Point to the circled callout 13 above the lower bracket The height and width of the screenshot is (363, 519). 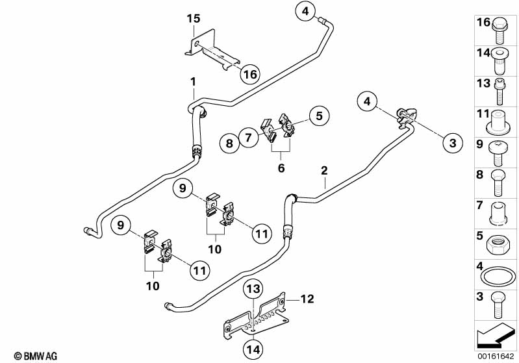coord(252,288)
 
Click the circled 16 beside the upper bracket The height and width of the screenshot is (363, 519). coord(249,75)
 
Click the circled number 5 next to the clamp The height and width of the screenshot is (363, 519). coord(318,116)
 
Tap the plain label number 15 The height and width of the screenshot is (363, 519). coord(193,18)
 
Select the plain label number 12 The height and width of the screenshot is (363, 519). coord(307,299)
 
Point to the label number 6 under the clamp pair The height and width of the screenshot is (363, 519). coord(281,168)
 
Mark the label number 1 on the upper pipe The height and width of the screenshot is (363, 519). coord(193,81)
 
